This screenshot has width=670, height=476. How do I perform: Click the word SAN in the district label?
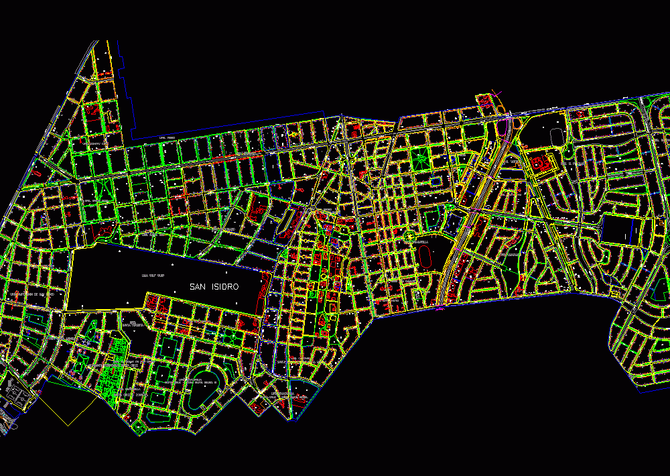(198, 287)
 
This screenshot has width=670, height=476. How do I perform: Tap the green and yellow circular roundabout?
(409, 235)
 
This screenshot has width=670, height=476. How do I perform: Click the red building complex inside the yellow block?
(540, 163)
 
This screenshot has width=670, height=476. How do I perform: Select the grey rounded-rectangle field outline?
(557, 137)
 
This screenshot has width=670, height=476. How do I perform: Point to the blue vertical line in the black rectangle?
(627, 236)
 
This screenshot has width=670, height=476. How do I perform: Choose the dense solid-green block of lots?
(111, 375)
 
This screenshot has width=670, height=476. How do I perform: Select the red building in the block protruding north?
(483, 101)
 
